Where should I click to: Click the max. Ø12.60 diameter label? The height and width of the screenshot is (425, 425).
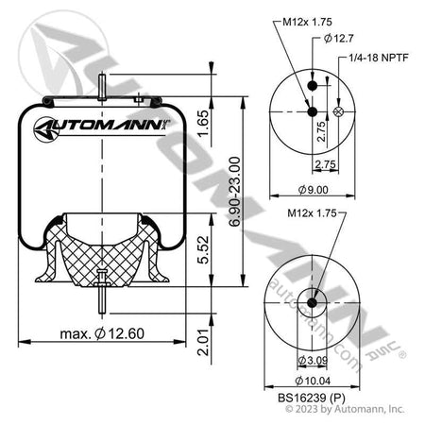click(91, 332)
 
